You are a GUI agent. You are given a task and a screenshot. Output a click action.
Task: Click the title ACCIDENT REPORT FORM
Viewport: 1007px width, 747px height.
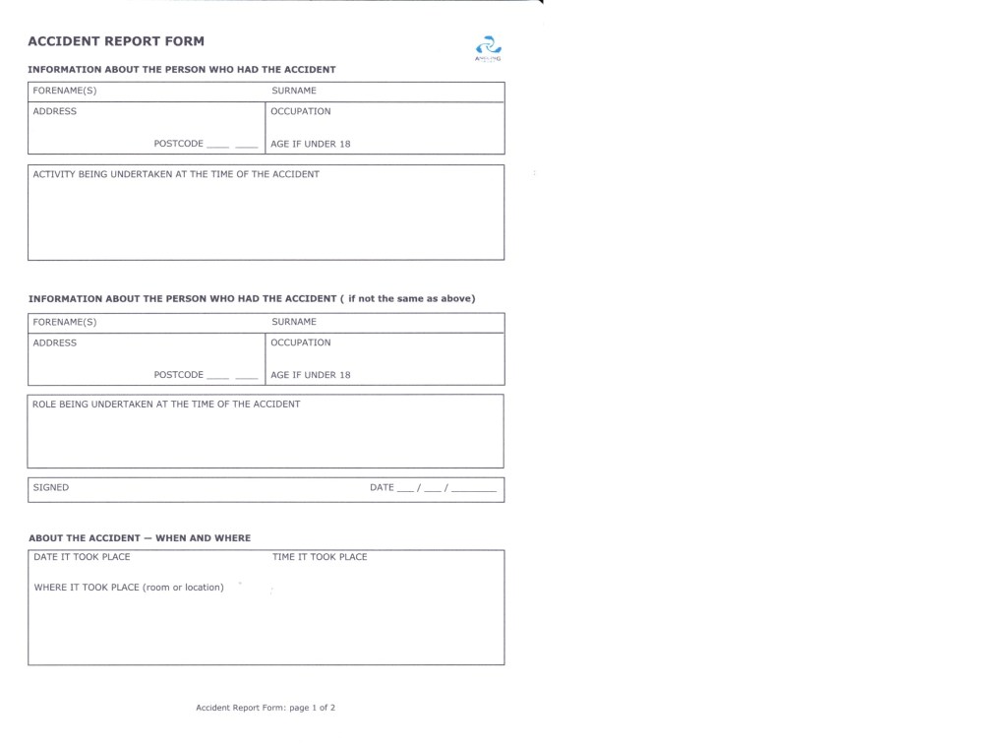tap(116, 41)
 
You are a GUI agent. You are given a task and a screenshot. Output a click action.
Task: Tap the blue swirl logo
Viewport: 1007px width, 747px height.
tap(488, 46)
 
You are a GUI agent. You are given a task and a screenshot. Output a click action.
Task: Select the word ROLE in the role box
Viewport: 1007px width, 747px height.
tap(44, 405)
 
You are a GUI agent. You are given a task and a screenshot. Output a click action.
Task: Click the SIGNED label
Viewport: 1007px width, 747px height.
tap(51, 487)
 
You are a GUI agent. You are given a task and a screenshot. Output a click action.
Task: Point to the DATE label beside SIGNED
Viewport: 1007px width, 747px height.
tap(382, 487)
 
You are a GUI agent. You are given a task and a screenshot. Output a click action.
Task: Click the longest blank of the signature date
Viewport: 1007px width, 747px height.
tap(474, 489)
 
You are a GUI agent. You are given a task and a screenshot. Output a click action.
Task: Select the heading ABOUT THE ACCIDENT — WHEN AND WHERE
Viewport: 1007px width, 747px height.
tap(140, 538)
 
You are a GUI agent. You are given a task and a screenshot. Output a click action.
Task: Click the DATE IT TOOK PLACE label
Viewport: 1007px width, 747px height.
tap(82, 557)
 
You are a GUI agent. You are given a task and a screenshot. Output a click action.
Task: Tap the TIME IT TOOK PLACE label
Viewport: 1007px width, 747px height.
tap(320, 557)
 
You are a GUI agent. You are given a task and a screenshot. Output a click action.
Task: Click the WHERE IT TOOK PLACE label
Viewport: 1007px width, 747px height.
tap(87, 588)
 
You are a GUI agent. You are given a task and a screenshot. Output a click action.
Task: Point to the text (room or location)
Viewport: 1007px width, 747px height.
tap(183, 588)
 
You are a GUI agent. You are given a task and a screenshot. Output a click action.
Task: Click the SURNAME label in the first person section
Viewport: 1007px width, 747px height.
tap(294, 91)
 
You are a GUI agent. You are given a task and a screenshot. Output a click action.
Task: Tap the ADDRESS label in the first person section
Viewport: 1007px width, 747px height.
tap(55, 111)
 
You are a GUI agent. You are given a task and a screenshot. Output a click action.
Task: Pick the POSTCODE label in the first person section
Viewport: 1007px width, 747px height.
tap(178, 144)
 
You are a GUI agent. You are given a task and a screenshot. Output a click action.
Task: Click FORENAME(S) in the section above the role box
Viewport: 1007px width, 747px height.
tap(65, 322)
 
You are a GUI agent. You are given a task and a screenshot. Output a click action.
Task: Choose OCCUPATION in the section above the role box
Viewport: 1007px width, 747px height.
tap(301, 342)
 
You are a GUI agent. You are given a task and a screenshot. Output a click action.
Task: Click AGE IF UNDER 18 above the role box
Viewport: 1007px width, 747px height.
tap(311, 375)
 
